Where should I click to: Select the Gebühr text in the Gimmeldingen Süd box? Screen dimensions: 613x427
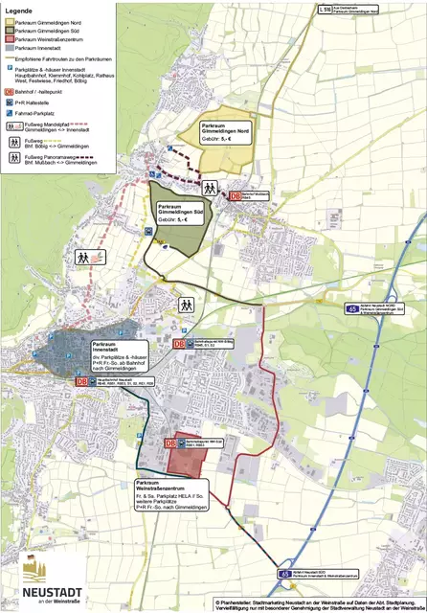tap(173, 220)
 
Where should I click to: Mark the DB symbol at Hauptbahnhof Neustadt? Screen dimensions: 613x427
tap(83, 380)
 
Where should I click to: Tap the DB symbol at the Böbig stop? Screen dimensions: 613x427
tap(178, 344)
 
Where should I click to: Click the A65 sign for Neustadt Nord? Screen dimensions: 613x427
tap(353, 309)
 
